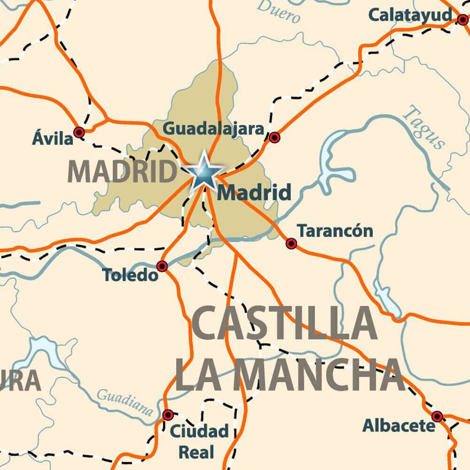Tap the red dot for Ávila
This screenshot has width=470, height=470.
coord(79,132)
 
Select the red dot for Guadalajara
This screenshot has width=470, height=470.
coord(274,137)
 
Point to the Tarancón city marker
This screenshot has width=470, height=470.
coord(291,243)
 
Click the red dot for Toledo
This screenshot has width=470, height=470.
coord(162,266)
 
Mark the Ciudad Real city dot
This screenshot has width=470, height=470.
coord(168,415)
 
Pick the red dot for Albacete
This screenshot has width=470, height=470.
coord(437,416)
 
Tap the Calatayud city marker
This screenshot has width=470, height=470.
coord(463,19)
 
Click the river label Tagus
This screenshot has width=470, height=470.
coord(424,127)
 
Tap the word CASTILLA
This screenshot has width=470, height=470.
coord(285,324)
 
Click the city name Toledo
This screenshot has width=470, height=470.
coord(131,275)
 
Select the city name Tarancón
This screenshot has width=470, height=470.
coord(335,231)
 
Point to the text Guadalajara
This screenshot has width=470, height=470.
coord(213,129)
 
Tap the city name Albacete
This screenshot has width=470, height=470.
coord(399,426)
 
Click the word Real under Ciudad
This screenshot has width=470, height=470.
coord(197,452)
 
